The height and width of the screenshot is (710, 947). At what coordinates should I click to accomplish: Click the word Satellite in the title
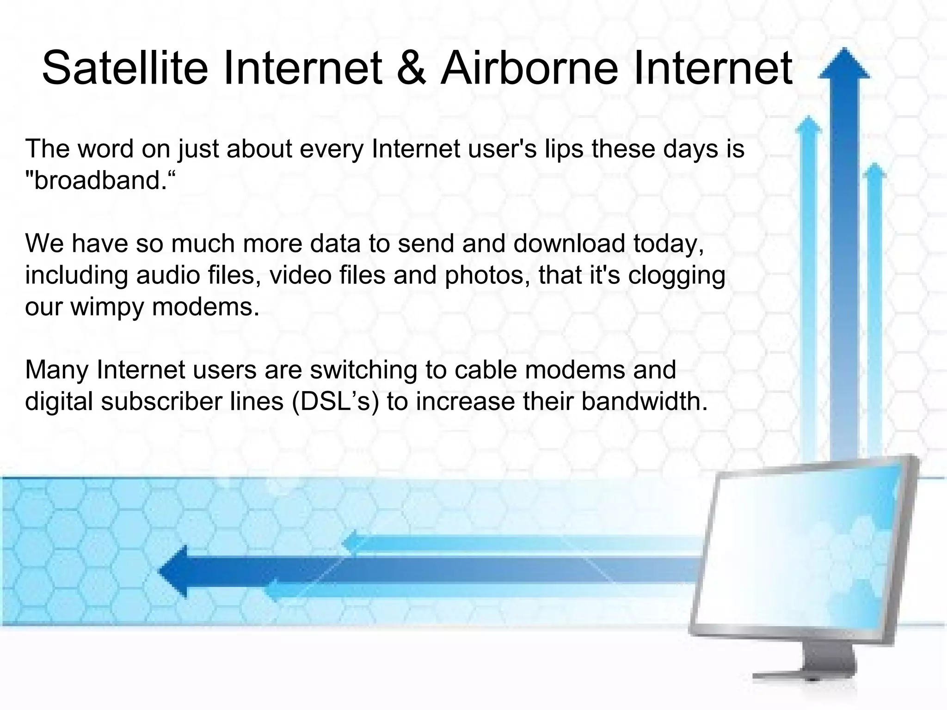pos(125,68)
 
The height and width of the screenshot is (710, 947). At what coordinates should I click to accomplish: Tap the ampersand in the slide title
pos(411,68)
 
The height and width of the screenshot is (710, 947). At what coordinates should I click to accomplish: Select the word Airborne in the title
pos(529,68)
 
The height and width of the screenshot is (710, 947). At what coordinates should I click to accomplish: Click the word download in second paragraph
pos(569,243)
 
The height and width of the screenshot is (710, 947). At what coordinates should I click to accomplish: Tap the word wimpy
pos(107,307)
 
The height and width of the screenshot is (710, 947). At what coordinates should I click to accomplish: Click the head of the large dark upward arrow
pos(844,65)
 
